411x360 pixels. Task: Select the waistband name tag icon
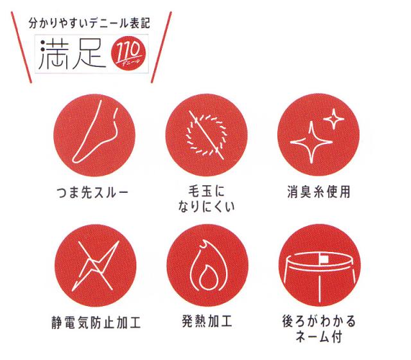click(x=317, y=264)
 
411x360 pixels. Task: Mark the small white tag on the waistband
click(x=326, y=259)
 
